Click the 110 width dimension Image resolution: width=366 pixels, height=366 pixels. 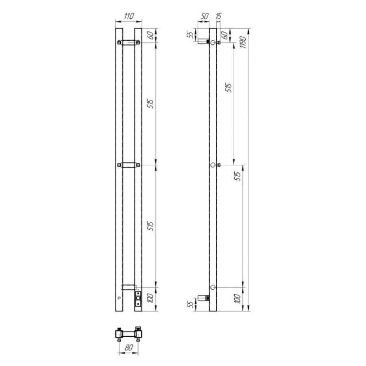point(129,16)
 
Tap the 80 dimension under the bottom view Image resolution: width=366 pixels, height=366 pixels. point(129,348)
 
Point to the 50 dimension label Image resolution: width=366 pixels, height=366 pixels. point(204,16)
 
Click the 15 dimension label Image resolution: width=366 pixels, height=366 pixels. point(219,16)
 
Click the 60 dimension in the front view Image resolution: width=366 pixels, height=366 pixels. point(151,35)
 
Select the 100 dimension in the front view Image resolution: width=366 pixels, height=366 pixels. point(151,298)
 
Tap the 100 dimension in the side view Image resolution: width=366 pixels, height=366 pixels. point(237,298)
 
